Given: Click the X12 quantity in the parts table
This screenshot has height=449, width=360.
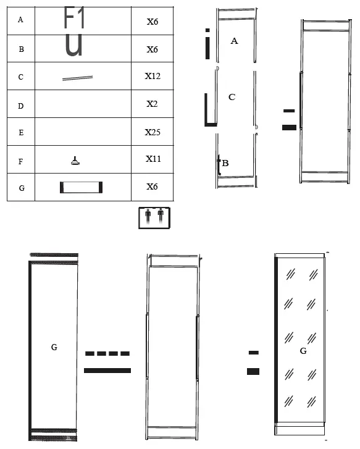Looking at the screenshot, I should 153,76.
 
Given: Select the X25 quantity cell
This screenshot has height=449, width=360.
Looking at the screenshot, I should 153,132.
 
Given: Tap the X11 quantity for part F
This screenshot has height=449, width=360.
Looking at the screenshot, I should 153,159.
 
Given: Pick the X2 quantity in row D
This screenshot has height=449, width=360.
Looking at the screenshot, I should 152,104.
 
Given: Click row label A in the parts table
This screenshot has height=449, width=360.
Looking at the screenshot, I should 21,20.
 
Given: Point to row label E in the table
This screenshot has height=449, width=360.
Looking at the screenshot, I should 21,133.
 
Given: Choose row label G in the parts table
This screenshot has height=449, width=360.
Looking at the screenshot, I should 21,188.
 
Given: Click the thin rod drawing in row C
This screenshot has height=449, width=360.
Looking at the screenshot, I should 77,77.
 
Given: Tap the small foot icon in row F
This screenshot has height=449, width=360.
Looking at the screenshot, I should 75,161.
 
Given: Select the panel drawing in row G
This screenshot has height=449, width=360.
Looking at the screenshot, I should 81,187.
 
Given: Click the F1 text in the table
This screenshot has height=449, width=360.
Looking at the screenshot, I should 75,18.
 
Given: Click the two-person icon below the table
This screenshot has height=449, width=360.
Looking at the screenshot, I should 154,218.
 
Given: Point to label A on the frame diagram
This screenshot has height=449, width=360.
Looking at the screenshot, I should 234,41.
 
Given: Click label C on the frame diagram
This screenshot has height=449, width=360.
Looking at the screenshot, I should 232,97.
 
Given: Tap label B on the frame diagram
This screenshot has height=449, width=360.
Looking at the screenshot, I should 225,164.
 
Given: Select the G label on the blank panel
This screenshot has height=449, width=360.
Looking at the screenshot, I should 54,348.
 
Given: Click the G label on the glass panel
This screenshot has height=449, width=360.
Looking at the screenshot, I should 303,351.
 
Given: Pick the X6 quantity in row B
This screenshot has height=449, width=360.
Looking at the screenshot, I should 153,49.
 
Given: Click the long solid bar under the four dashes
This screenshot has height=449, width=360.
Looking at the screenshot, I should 107,371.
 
